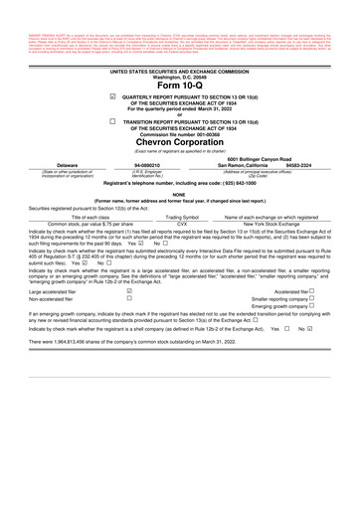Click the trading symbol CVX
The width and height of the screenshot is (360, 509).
tap(181, 223)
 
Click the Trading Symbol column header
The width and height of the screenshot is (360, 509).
tap(181, 216)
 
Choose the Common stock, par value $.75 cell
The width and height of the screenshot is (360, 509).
tap(78, 223)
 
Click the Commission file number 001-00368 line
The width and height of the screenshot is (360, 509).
tap(180, 133)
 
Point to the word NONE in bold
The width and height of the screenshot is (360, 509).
tap(180, 194)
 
